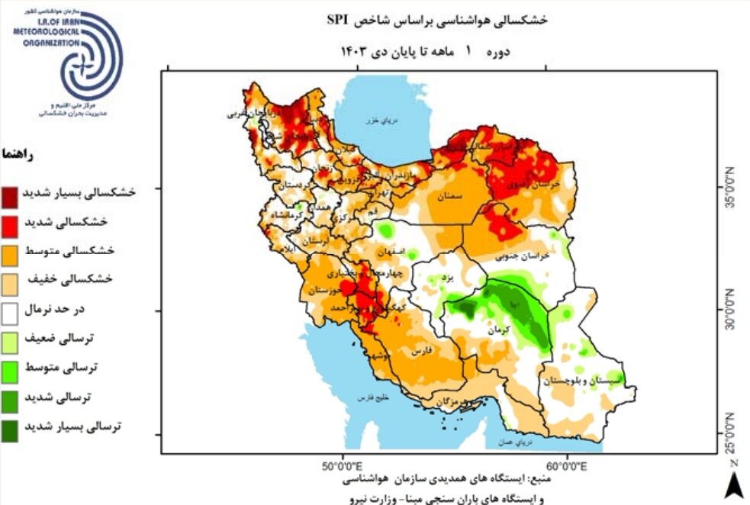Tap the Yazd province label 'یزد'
(450, 279)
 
